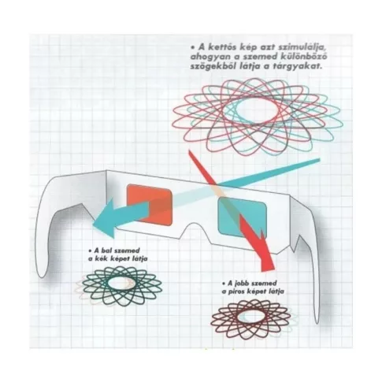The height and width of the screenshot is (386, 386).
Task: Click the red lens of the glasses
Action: click(x=149, y=205)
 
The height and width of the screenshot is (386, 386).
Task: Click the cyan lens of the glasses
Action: click(x=242, y=217)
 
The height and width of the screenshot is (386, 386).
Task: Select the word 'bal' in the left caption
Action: click(x=103, y=251)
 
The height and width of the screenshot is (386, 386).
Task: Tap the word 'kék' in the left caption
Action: click(x=106, y=258)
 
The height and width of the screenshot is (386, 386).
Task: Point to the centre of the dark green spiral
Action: click(x=121, y=284)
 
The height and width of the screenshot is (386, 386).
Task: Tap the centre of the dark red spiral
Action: click(x=251, y=317)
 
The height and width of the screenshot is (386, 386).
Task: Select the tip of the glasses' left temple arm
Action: click(x=42, y=275)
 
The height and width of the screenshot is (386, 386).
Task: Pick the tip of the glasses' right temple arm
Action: click(x=317, y=321)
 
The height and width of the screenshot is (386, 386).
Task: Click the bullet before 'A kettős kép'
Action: click(x=193, y=48)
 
